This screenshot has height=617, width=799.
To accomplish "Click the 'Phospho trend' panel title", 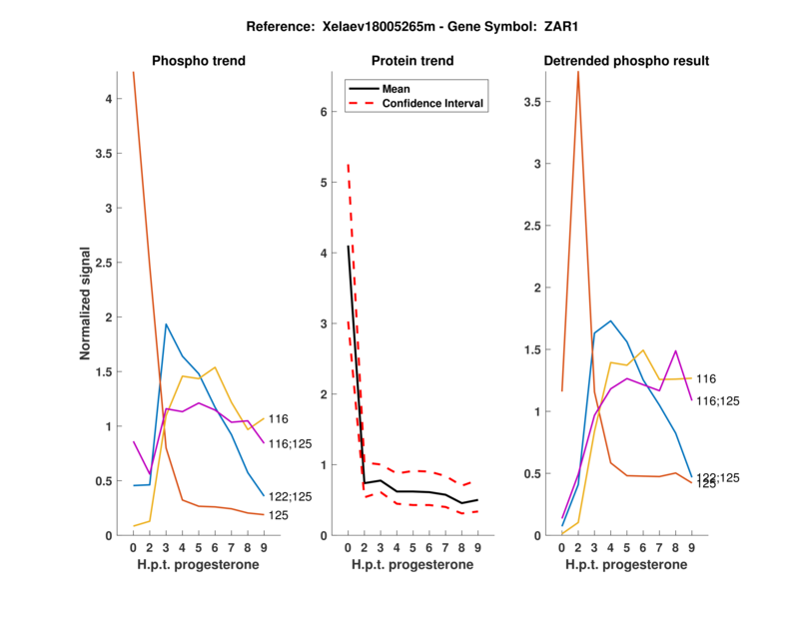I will [x=199, y=61].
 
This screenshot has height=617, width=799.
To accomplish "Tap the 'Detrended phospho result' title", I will [x=626, y=61].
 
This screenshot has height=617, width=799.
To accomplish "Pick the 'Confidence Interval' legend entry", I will [x=434, y=103].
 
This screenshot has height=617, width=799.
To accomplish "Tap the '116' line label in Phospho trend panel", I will [x=279, y=419].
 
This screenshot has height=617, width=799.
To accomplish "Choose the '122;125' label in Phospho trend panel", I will [x=290, y=496].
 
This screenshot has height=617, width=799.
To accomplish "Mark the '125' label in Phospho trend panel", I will [x=279, y=515].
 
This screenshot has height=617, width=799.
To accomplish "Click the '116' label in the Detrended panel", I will [x=706, y=378].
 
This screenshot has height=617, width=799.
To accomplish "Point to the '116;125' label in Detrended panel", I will [x=718, y=400].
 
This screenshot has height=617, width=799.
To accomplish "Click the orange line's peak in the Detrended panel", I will [x=578, y=74].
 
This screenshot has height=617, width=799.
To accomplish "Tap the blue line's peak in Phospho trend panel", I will [x=166, y=324].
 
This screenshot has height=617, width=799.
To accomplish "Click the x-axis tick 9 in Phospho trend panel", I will [x=264, y=548].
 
